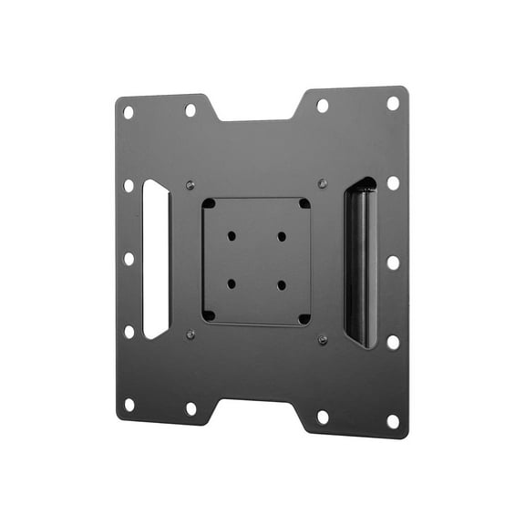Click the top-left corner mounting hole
pos(129,112)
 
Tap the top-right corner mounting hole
pos(393,103)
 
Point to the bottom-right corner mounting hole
pos(393,421)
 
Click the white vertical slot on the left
pos(156,259)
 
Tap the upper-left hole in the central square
pos(232,236)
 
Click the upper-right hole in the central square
pos(282,236)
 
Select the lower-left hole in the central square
pos(232,283)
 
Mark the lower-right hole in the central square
pos(282,285)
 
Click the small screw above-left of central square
pos(190,182)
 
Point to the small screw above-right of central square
pos(323,183)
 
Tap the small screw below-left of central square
pos(190,334)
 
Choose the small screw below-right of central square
pos(323,341)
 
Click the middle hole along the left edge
pos(129,259)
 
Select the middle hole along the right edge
pos(393,262)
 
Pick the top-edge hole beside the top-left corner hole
pos(190,110)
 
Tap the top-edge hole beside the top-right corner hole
pos(322,106)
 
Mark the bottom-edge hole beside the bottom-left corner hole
pos(190,409)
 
